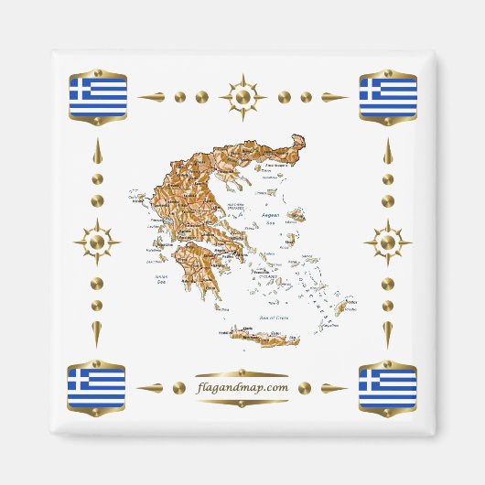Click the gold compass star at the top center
click(x=242, y=96)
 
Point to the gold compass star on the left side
click(x=97, y=242)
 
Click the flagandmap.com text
click(x=242, y=387)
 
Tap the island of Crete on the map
click(x=265, y=338)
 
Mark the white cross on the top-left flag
click(x=80, y=88)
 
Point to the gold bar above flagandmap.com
click(x=242, y=373)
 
